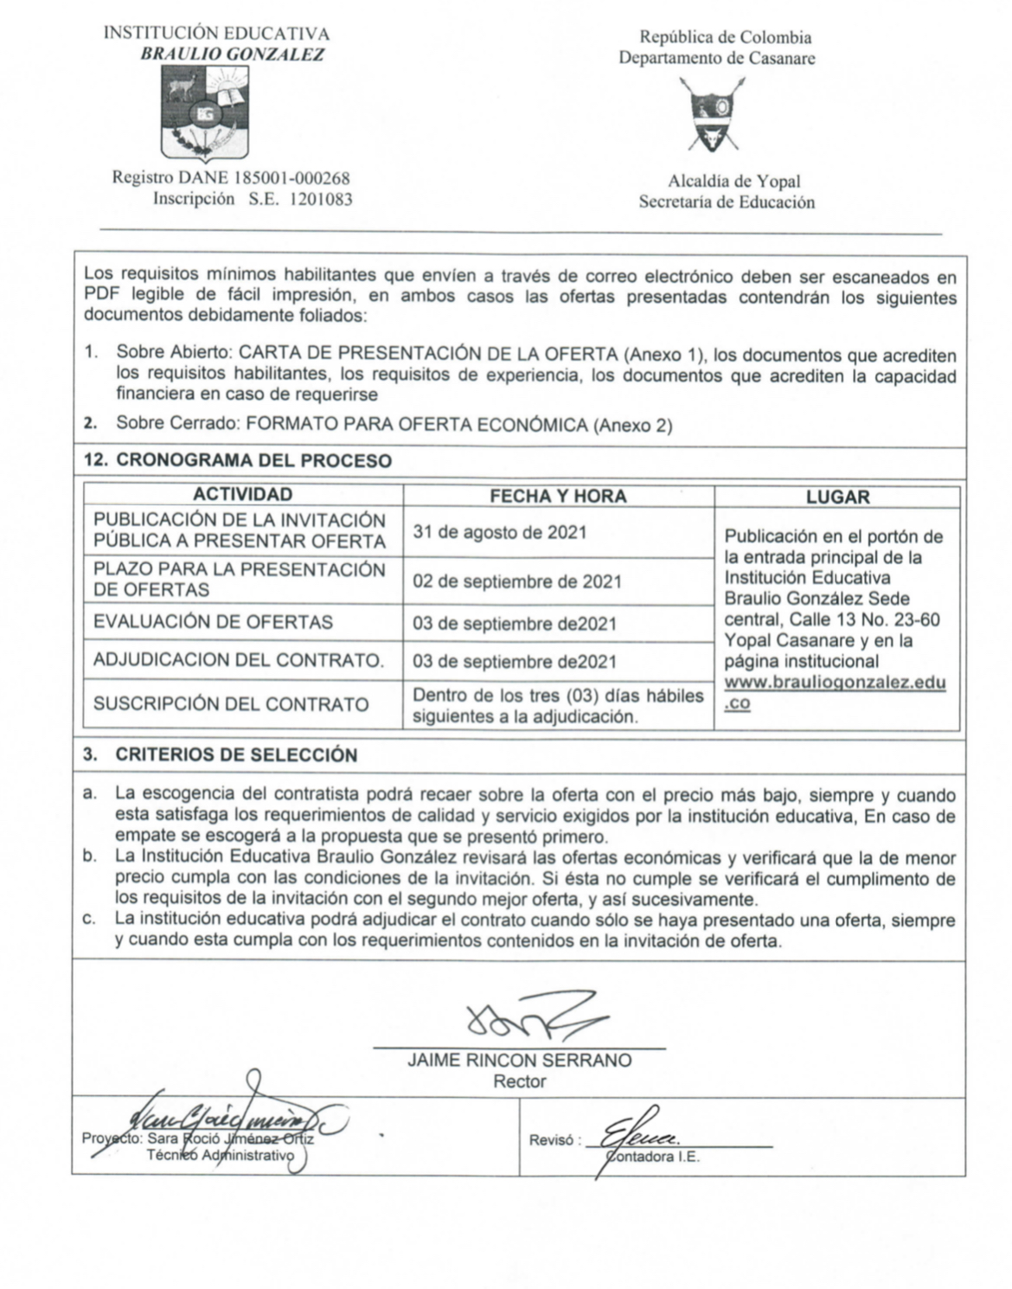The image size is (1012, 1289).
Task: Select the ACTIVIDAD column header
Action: coord(242,495)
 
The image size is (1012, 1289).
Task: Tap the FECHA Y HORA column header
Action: coord(558,496)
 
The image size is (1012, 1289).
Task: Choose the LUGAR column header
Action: coord(837,497)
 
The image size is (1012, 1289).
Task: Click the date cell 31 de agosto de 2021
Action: coord(499,532)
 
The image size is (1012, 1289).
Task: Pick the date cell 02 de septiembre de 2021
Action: coord(517,581)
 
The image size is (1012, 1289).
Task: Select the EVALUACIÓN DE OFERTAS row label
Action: coord(213,622)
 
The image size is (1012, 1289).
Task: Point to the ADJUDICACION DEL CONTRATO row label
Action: coord(239,661)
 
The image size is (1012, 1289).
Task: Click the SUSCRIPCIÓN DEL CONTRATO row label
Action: coord(231,704)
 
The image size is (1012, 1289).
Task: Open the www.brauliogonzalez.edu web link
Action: coord(835,683)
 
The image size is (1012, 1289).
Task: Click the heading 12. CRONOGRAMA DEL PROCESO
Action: coord(237,460)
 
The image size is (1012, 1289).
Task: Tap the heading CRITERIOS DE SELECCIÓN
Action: coord(235,754)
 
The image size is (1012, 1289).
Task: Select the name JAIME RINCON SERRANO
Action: coord(519,1061)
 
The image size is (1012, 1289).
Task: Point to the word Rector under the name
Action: coord(519,1081)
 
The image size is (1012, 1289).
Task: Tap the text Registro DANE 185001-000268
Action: coord(231,178)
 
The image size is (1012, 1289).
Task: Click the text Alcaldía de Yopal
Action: coord(733,182)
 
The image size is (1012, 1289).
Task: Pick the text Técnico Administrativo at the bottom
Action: coord(221,1156)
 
